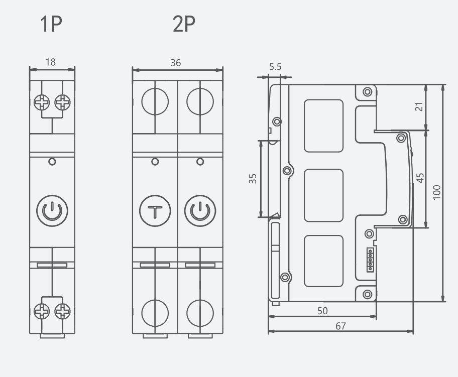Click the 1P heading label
pyautogui.click(x=52, y=24)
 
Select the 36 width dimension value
pyautogui.click(x=175, y=63)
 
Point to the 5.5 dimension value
pyautogui.click(x=275, y=66)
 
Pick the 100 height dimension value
pyautogui.click(x=437, y=192)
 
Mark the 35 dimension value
pyautogui.click(x=253, y=178)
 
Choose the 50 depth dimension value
pyautogui.click(x=322, y=311)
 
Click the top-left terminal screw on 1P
pyautogui.click(x=41, y=103)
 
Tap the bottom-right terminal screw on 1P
pyautogui.click(x=63, y=312)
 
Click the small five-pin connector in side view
pyautogui.click(x=371, y=260)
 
